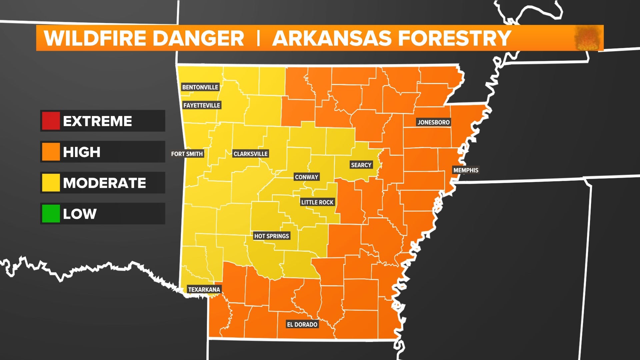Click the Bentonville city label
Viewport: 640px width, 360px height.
pyautogui.click(x=200, y=87)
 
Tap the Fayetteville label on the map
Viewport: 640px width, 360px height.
pyautogui.click(x=202, y=105)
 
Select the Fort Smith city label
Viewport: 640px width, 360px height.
pyautogui.click(x=187, y=154)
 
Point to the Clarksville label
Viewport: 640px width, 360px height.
pyautogui.click(x=250, y=154)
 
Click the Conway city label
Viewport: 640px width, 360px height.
pyautogui.click(x=307, y=177)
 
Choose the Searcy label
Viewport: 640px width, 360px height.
pyautogui.click(x=361, y=165)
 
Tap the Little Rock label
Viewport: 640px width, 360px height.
pyautogui.click(x=317, y=202)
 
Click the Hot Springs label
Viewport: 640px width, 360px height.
pyautogui.click(x=271, y=236)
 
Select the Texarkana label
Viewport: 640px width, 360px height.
pyautogui.click(x=204, y=289)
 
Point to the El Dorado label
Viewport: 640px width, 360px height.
pyautogui.click(x=302, y=324)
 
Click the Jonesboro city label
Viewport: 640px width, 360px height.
pyautogui.click(x=434, y=122)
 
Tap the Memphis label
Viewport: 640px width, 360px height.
pyautogui.click(x=466, y=170)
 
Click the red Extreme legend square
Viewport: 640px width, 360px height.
pyautogui.click(x=51, y=121)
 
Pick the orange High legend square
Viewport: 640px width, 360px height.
pyautogui.click(x=51, y=152)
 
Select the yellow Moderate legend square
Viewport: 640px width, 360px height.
pyautogui.click(x=51, y=183)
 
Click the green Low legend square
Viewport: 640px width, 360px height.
pyautogui.click(x=51, y=214)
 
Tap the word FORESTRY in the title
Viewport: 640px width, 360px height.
pyautogui.click(x=455, y=38)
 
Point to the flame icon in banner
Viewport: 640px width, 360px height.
pyautogui.click(x=588, y=38)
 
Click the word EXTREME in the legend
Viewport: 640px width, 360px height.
pyautogui.click(x=97, y=121)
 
